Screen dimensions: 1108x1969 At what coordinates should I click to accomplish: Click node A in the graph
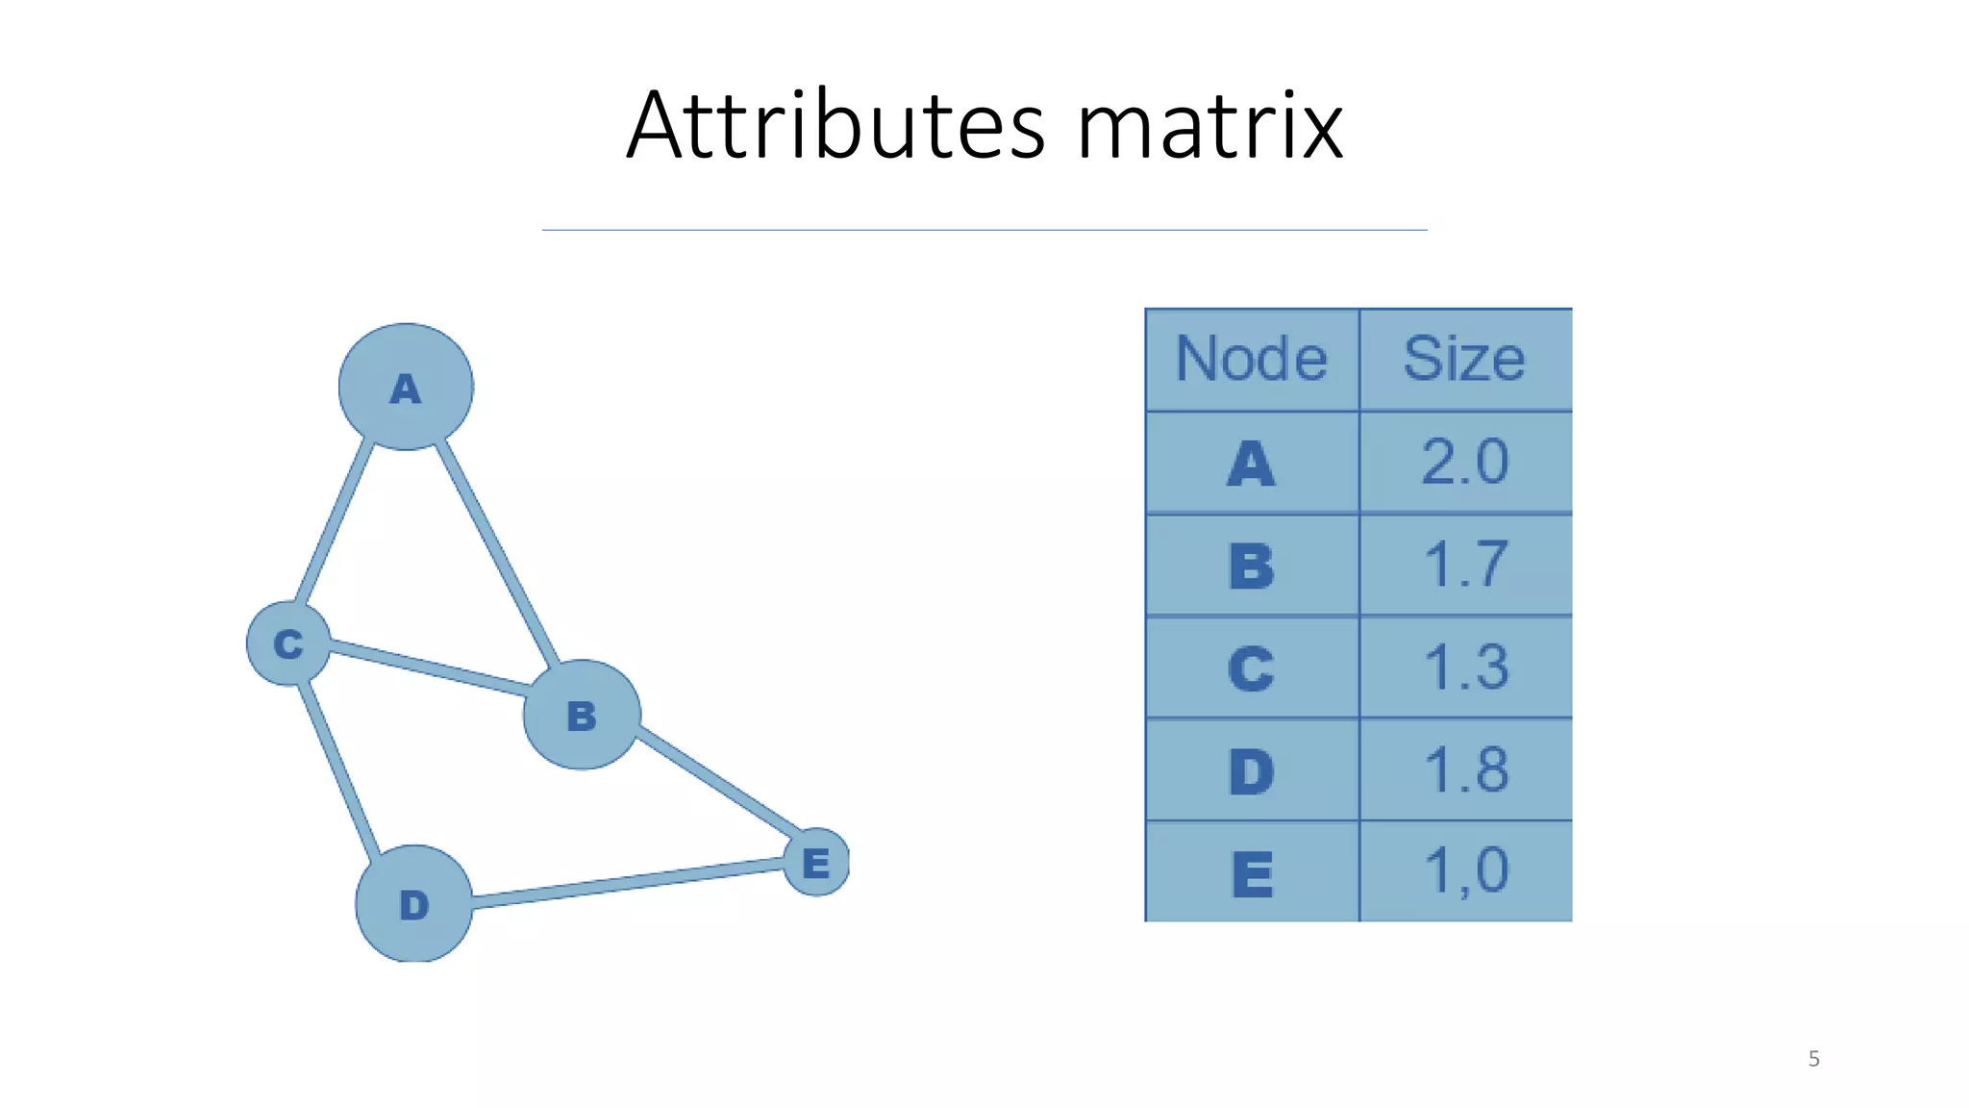[x=406, y=387]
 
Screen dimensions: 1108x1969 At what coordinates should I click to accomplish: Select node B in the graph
[x=582, y=715]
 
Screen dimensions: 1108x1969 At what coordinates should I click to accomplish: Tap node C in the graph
[x=288, y=643]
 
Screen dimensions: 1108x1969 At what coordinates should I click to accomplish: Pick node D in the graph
[x=414, y=904]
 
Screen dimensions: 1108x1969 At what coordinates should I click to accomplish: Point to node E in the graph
[x=816, y=862]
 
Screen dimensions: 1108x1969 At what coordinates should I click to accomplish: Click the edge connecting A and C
[x=334, y=521]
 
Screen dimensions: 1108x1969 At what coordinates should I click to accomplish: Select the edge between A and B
[x=497, y=553]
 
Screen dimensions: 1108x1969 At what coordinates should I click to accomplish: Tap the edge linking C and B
[x=428, y=667]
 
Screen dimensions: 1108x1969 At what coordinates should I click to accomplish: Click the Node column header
[x=1252, y=360]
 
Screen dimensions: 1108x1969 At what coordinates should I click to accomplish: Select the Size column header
[x=1464, y=360]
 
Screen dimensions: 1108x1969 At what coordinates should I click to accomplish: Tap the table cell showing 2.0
[x=1465, y=463]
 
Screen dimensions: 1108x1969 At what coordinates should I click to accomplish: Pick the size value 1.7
[x=1465, y=565]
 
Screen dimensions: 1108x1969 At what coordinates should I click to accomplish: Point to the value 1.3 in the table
[x=1465, y=667]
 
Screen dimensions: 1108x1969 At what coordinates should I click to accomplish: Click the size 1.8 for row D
[x=1465, y=770]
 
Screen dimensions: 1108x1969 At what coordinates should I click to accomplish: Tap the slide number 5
[x=1813, y=1059]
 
